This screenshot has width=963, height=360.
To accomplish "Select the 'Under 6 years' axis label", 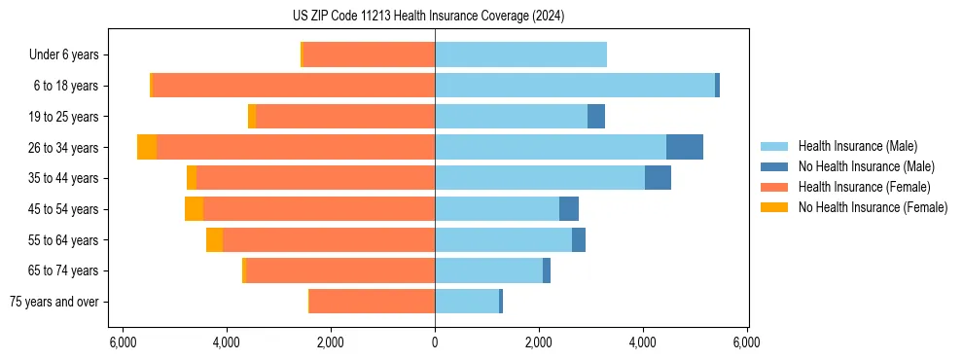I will pos(70,55).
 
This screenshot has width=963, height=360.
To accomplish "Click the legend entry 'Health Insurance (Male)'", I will pos(856,146).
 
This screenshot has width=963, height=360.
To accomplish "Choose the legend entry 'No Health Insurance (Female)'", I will pos(873,207).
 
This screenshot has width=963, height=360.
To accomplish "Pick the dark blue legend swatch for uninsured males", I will pos(774,166).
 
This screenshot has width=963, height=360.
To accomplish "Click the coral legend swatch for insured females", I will pos(774,187).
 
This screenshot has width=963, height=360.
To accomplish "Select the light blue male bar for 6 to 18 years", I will pos(574,86).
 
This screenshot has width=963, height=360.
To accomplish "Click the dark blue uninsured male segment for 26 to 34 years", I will pos(684,147).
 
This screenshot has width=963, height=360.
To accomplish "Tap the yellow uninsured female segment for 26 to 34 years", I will pos(147,147).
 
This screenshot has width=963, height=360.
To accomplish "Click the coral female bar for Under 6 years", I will pos(369,54).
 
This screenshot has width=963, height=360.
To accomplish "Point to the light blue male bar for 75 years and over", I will pos(467,302).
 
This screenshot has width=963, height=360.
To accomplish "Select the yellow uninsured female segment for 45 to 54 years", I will pos(194,209).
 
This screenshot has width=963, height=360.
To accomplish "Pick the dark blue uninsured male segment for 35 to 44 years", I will pos(658,178).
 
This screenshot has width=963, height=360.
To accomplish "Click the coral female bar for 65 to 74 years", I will pos(339,270).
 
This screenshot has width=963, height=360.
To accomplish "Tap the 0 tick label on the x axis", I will pos(435,342).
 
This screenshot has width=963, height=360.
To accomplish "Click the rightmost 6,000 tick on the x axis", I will pos(746,342).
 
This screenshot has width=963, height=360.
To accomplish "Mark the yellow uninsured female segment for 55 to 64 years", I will pos(214,240).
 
